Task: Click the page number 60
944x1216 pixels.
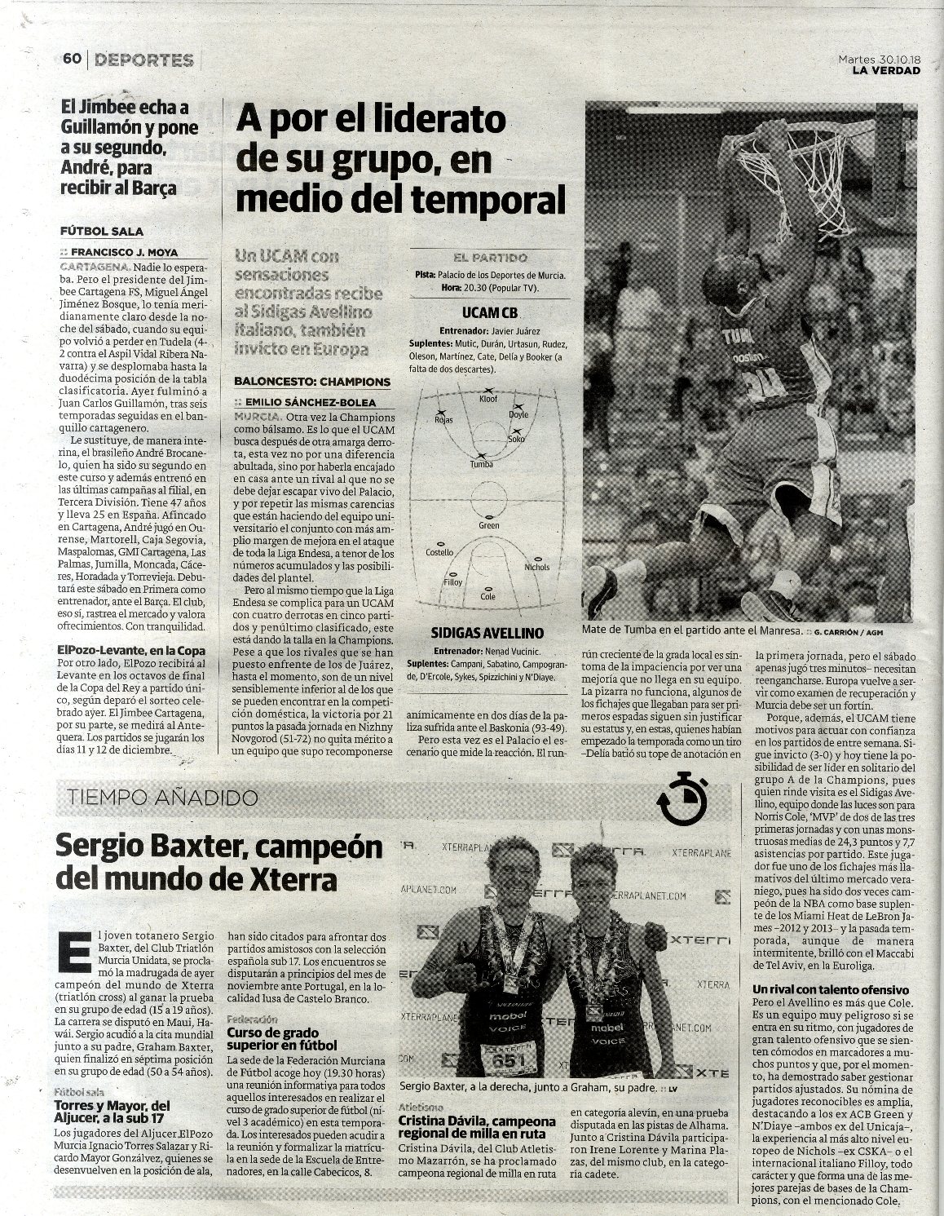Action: [71, 59]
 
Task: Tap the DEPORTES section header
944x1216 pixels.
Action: [143, 60]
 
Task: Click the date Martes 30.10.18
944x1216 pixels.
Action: [880, 59]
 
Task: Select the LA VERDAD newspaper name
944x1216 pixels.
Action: [885, 70]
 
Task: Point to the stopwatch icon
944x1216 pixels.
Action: [681, 798]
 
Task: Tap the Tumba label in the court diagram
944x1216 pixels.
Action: [481, 464]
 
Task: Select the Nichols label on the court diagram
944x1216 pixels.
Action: [537, 567]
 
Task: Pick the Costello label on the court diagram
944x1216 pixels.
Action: [440, 553]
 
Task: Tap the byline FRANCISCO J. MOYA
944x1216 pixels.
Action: [124, 252]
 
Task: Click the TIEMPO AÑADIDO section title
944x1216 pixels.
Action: [165, 797]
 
